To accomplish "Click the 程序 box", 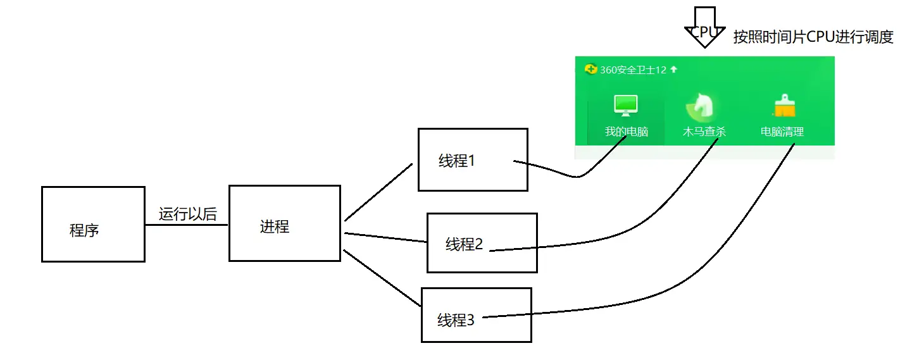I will pyautogui.click(x=92, y=224).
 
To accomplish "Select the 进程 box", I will pyautogui.click(x=284, y=223).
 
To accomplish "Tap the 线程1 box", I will pyautogui.click(x=472, y=159).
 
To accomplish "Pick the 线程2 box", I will pyautogui.click(x=482, y=243).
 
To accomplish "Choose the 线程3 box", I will pyautogui.click(x=476, y=315).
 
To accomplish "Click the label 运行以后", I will pyautogui.click(x=187, y=214).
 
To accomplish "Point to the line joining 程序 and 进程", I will pyautogui.click(x=187, y=225).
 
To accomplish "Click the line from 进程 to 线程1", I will pyautogui.click(x=378, y=192).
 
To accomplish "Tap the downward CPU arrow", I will pyautogui.click(x=703, y=27).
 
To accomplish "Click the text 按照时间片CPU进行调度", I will pyautogui.click(x=813, y=37).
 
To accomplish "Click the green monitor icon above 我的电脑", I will pyautogui.click(x=626, y=105).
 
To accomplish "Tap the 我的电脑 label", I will pyautogui.click(x=626, y=132).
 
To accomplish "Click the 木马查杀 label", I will pyautogui.click(x=704, y=132).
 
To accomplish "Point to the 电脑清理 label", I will pyautogui.click(x=782, y=132).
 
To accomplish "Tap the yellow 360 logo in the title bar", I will pyautogui.click(x=591, y=69).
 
